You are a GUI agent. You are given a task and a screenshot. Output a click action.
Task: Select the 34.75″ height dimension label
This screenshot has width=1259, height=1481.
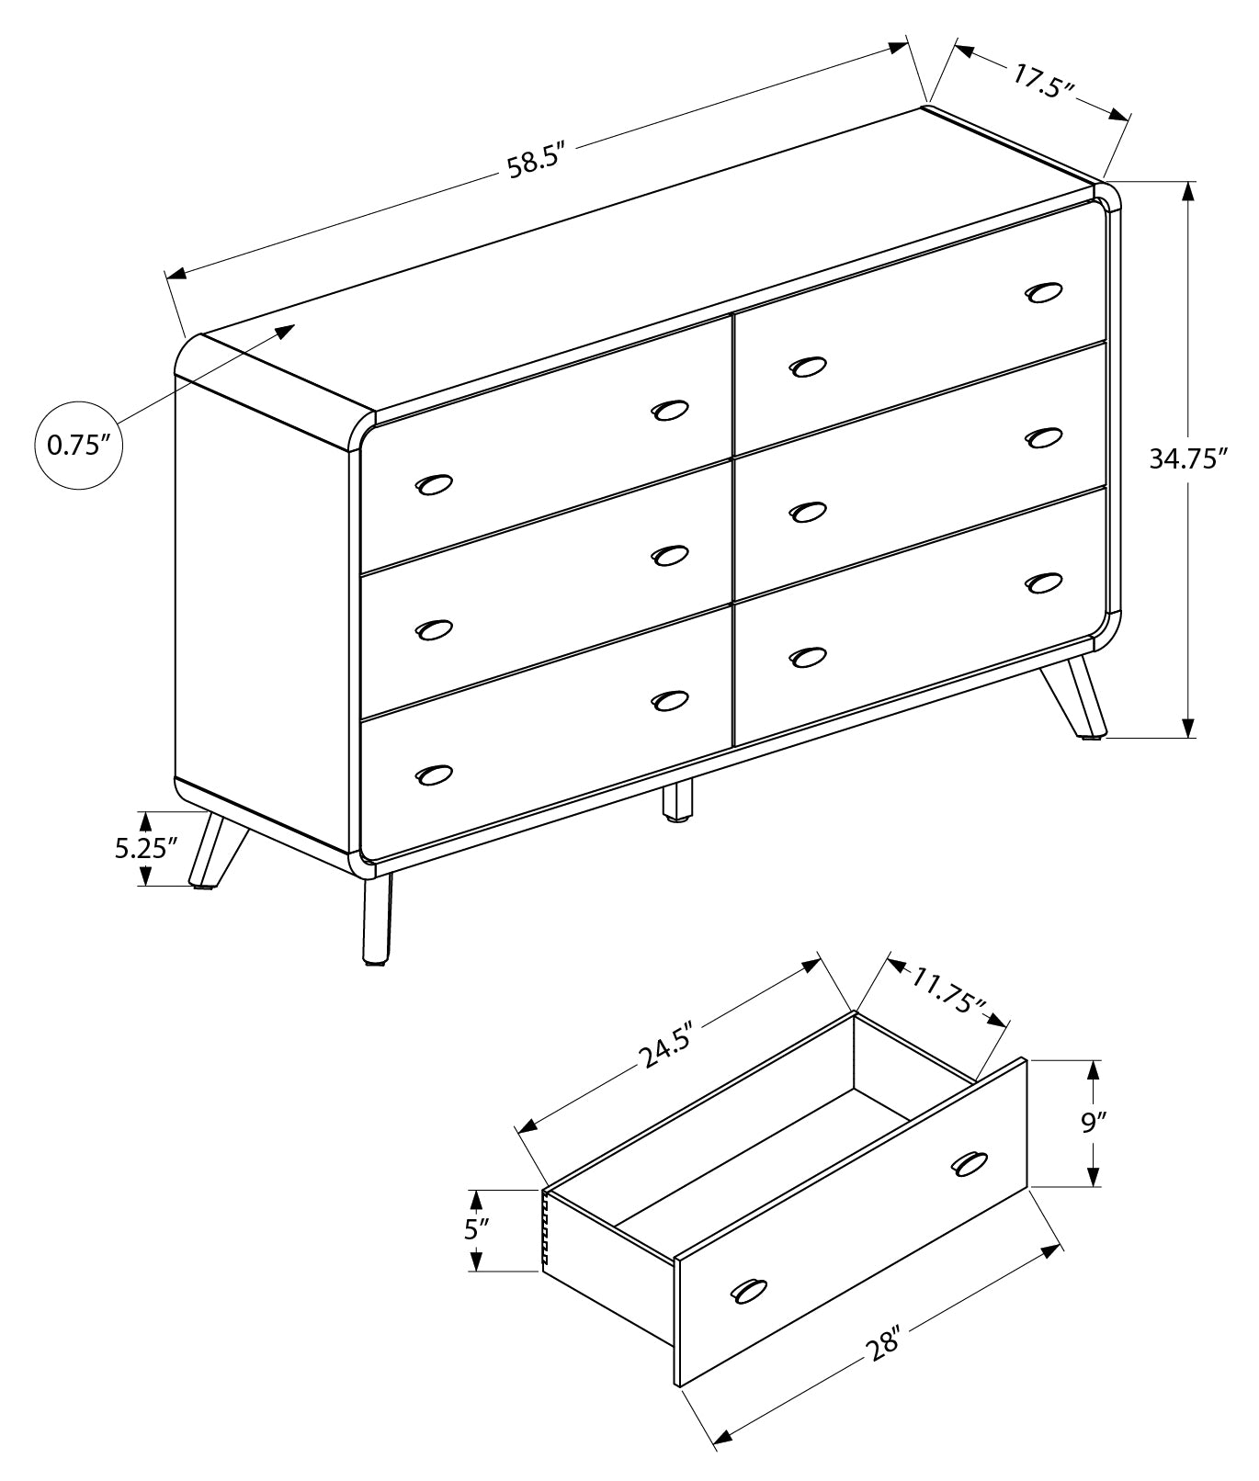(1188, 458)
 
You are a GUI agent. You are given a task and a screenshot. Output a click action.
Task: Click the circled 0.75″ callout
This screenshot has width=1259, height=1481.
(78, 445)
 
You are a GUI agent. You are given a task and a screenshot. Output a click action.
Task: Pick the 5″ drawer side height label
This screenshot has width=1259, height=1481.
(473, 1230)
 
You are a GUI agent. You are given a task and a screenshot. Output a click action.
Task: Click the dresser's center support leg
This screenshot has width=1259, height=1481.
(677, 799)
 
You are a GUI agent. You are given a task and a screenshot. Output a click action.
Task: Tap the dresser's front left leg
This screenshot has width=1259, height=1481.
(377, 920)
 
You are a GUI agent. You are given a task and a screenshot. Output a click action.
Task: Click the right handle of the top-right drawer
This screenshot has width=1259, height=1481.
(1043, 291)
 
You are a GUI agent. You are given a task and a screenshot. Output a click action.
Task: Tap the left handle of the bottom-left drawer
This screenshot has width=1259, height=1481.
(434, 774)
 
